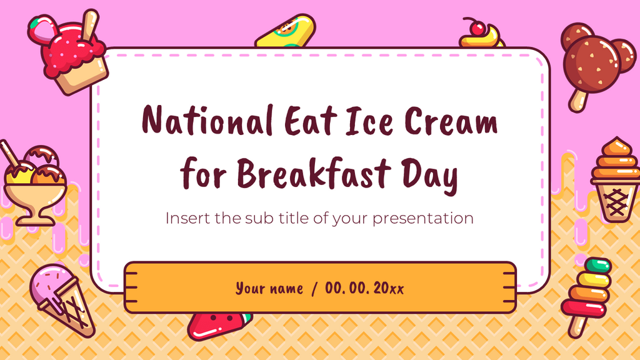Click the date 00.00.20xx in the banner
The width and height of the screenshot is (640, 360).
tap(364, 288)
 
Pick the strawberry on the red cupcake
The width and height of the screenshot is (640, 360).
tap(42, 29)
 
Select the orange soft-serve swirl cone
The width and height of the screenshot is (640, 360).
tap(616, 178)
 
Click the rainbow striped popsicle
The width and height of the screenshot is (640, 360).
tap(587, 287)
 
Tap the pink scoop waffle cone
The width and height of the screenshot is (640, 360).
tap(59, 297)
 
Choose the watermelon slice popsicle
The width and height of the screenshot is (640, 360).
tap(216, 324)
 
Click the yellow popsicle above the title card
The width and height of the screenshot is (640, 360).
tap(286, 31)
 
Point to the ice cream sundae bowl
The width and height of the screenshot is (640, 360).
tap(34, 184)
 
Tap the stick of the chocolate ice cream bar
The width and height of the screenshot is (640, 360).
tap(576, 99)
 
